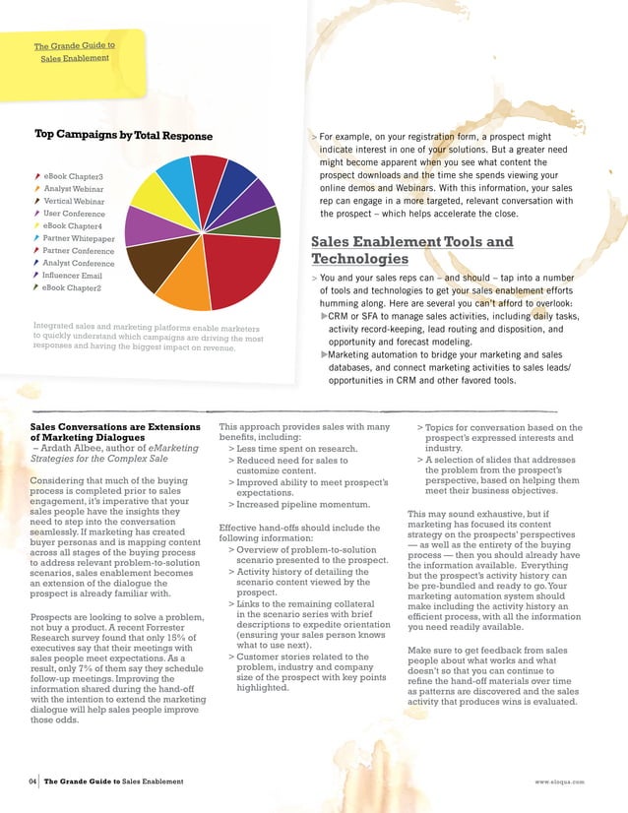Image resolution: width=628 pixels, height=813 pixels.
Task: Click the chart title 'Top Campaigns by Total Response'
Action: tap(123, 135)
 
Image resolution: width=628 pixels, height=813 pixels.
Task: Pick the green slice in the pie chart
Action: tap(260, 221)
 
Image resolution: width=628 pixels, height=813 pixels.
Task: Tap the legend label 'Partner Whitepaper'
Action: tap(79, 238)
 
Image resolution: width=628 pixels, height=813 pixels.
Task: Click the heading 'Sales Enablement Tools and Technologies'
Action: tap(410, 250)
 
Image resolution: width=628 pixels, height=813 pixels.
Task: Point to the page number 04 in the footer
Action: tap(32, 782)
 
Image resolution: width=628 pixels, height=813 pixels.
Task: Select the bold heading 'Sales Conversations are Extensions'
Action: tap(104, 427)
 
